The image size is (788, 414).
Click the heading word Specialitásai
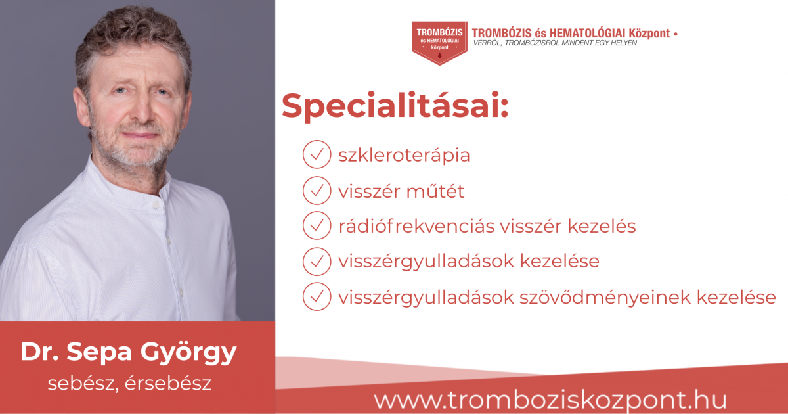click(x=395, y=106)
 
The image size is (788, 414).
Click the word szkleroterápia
click(x=404, y=155)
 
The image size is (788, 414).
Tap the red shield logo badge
click(x=439, y=43)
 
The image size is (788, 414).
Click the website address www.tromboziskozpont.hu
click(x=550, y=400)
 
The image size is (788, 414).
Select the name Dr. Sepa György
click(x=129, y=352)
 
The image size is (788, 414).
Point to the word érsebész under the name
click(x=168, y=383)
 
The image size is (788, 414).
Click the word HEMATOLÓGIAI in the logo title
click(x=587, y=33)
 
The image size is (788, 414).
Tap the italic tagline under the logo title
click(x=555, y=43)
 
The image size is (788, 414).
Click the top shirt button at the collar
click(x=156, y=204)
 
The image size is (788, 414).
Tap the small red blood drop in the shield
click(x=439, y=55)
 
